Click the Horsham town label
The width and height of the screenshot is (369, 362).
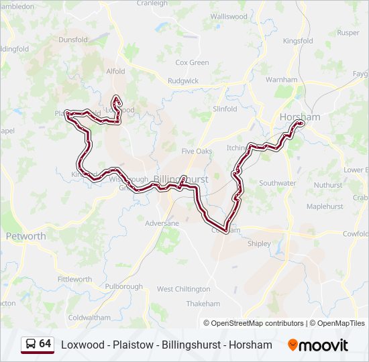pos(299,117)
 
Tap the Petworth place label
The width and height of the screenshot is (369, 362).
pos(25,236)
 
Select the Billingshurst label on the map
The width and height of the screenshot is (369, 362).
pos(181,180)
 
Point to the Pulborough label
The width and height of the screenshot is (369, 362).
pos(123,286)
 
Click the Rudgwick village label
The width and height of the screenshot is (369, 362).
pos(183,80)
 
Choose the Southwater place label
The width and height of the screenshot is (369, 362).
pos(277,183)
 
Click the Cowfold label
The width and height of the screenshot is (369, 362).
pos(356,234)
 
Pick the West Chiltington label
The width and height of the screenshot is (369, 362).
pos(183,289)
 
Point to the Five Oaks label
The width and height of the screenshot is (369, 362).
pos(197,151)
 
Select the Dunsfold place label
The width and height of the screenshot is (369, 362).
pos(73,40)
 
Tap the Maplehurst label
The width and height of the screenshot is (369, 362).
pos(325,206)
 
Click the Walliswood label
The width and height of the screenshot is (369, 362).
pos(229,16)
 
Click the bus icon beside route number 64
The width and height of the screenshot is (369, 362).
pos(31,344)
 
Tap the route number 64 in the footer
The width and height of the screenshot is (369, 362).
pos(45,344)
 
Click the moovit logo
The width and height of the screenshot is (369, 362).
pos(318,345)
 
